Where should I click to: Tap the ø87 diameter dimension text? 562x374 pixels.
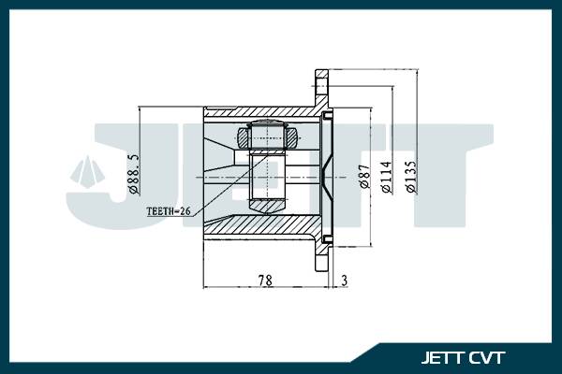(x=364, y=178)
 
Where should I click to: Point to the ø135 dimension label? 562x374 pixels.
(x=410, y=174)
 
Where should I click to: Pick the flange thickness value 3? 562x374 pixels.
(x=345, y=280)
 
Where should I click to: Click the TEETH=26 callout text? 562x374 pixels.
(x=168, y=212)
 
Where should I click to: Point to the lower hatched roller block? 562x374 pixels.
(x=267, y=202)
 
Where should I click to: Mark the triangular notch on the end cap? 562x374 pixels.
(x=323, y=174)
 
